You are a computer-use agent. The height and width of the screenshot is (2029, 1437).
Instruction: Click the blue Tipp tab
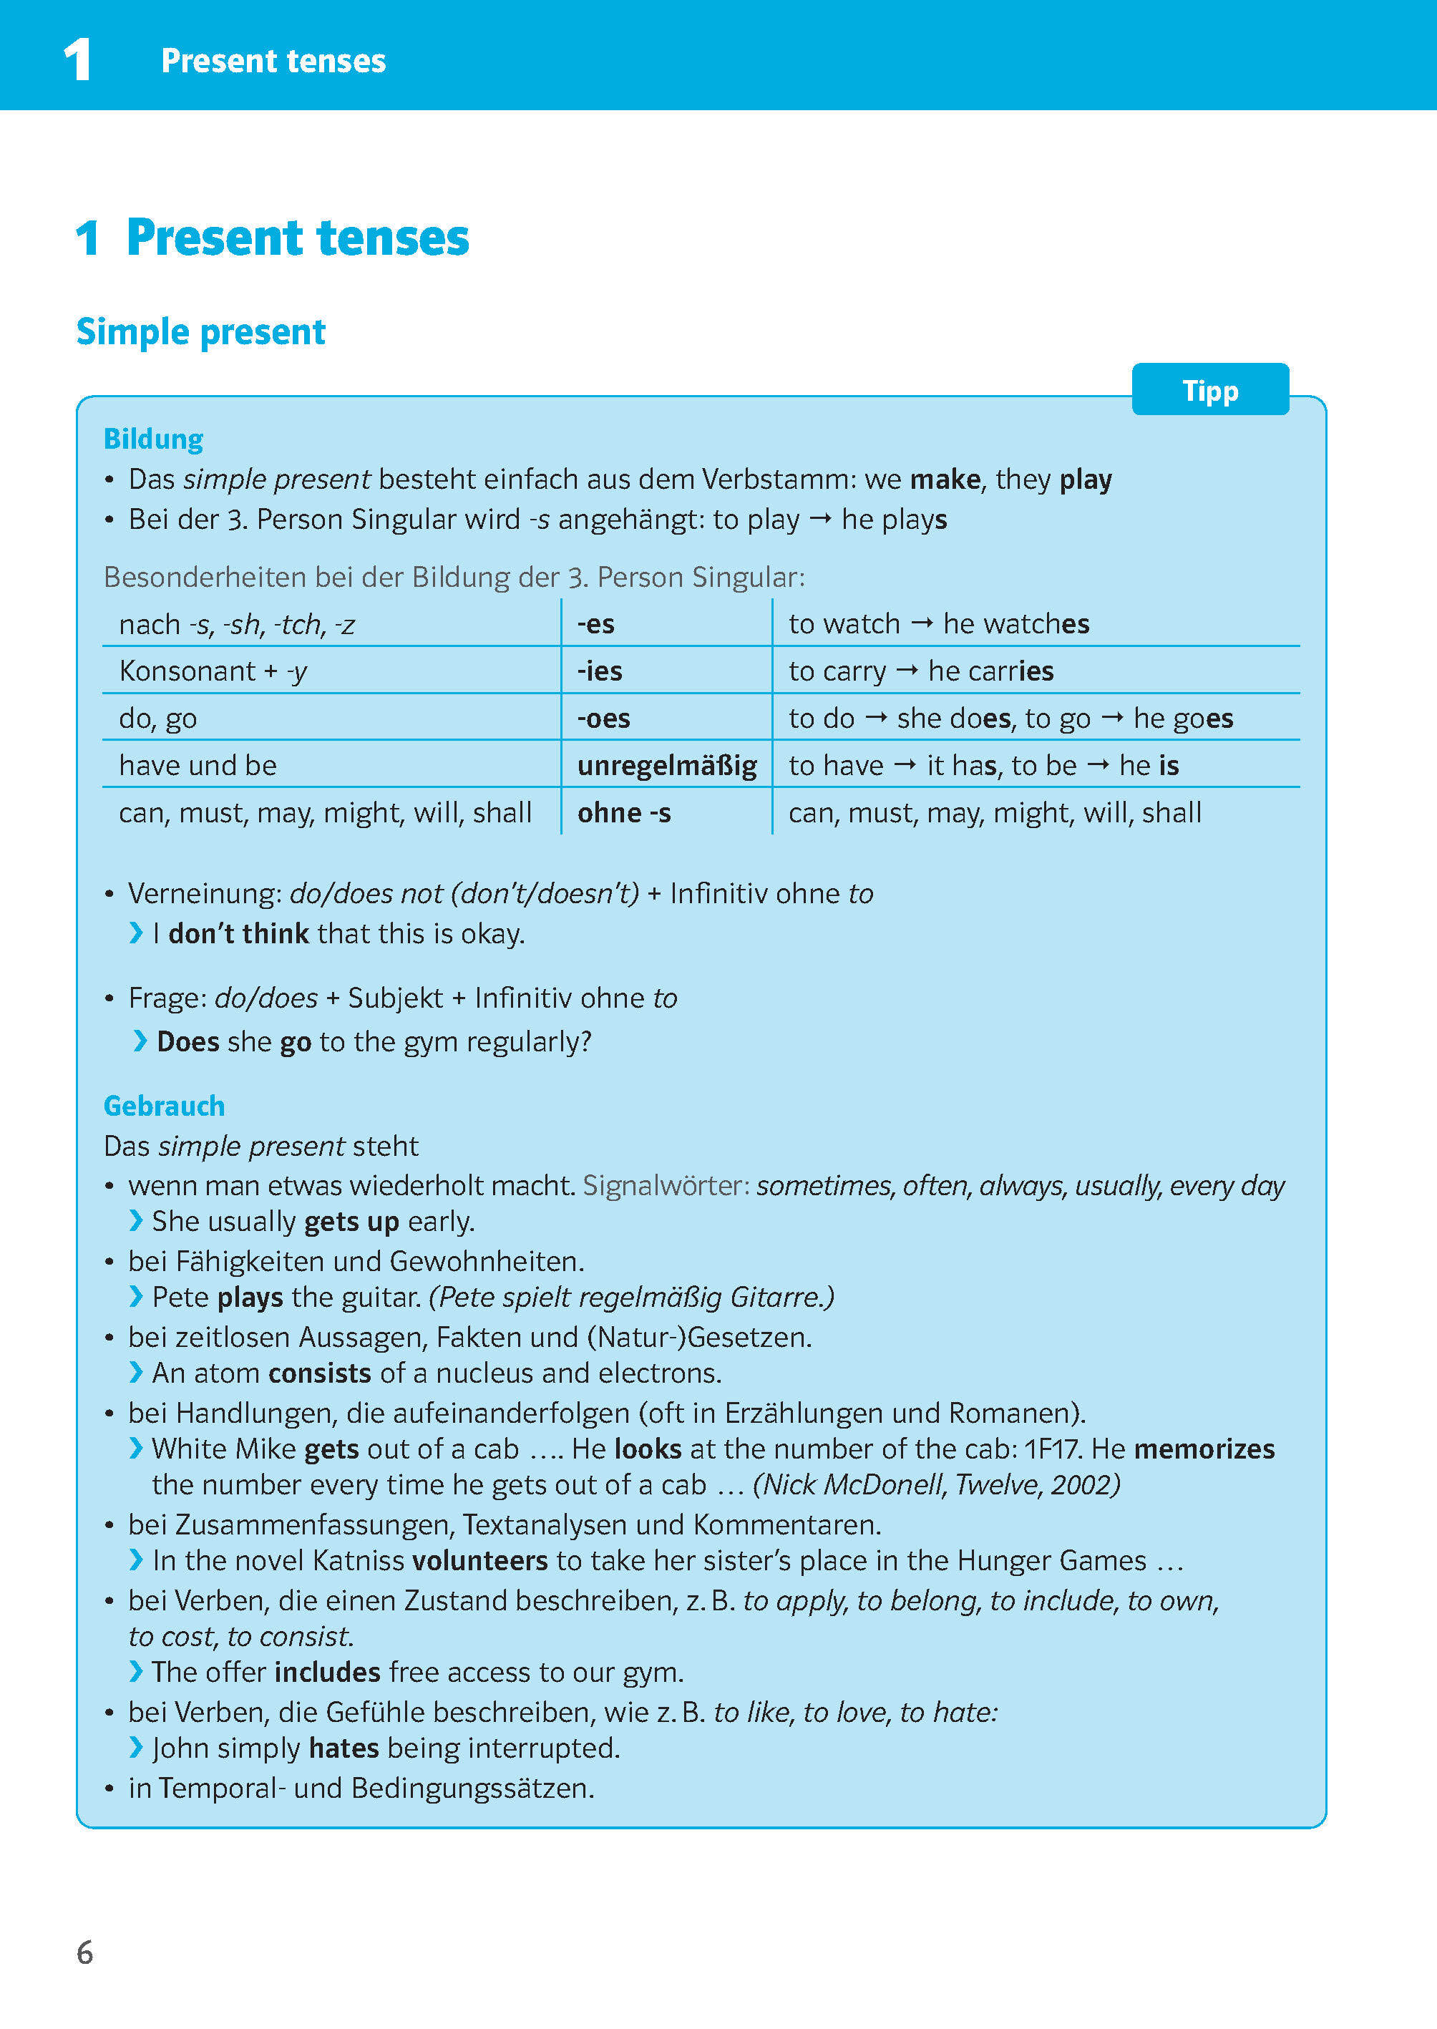pos(1209,389)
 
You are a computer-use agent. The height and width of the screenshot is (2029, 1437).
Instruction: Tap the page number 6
pos(85,1952)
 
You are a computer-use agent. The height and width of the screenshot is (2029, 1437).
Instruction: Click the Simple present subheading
pos(201,332)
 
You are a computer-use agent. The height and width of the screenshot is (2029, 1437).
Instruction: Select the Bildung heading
pos(153,439)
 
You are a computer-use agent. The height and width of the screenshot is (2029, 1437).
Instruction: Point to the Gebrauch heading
pos(164,1105)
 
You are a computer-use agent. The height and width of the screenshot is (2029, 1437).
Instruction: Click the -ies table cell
pos(600,671)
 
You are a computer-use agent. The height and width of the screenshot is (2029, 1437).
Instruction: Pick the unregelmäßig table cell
pos(666,765)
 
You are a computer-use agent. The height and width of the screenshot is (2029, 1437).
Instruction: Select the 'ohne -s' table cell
pos(624,812)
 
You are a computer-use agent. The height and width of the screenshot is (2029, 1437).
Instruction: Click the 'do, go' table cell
pos(158,718)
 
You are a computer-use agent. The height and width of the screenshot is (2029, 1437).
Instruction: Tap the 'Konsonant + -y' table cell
pos(213,671)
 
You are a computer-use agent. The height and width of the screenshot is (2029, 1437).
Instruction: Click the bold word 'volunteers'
pos(479,1560)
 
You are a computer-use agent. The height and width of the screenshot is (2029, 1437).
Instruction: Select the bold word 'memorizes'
pos(1204,1449)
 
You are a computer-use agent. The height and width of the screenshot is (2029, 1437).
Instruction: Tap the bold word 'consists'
pos(319,1373)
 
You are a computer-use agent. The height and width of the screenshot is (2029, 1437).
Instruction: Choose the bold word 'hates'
pos(344,1748)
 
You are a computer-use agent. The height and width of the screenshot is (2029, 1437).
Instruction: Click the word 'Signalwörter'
pos(666,1185)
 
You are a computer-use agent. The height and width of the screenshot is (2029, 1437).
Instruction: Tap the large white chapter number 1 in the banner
pos(78,60)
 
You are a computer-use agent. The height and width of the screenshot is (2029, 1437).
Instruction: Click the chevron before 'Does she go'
pos(140,1041)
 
